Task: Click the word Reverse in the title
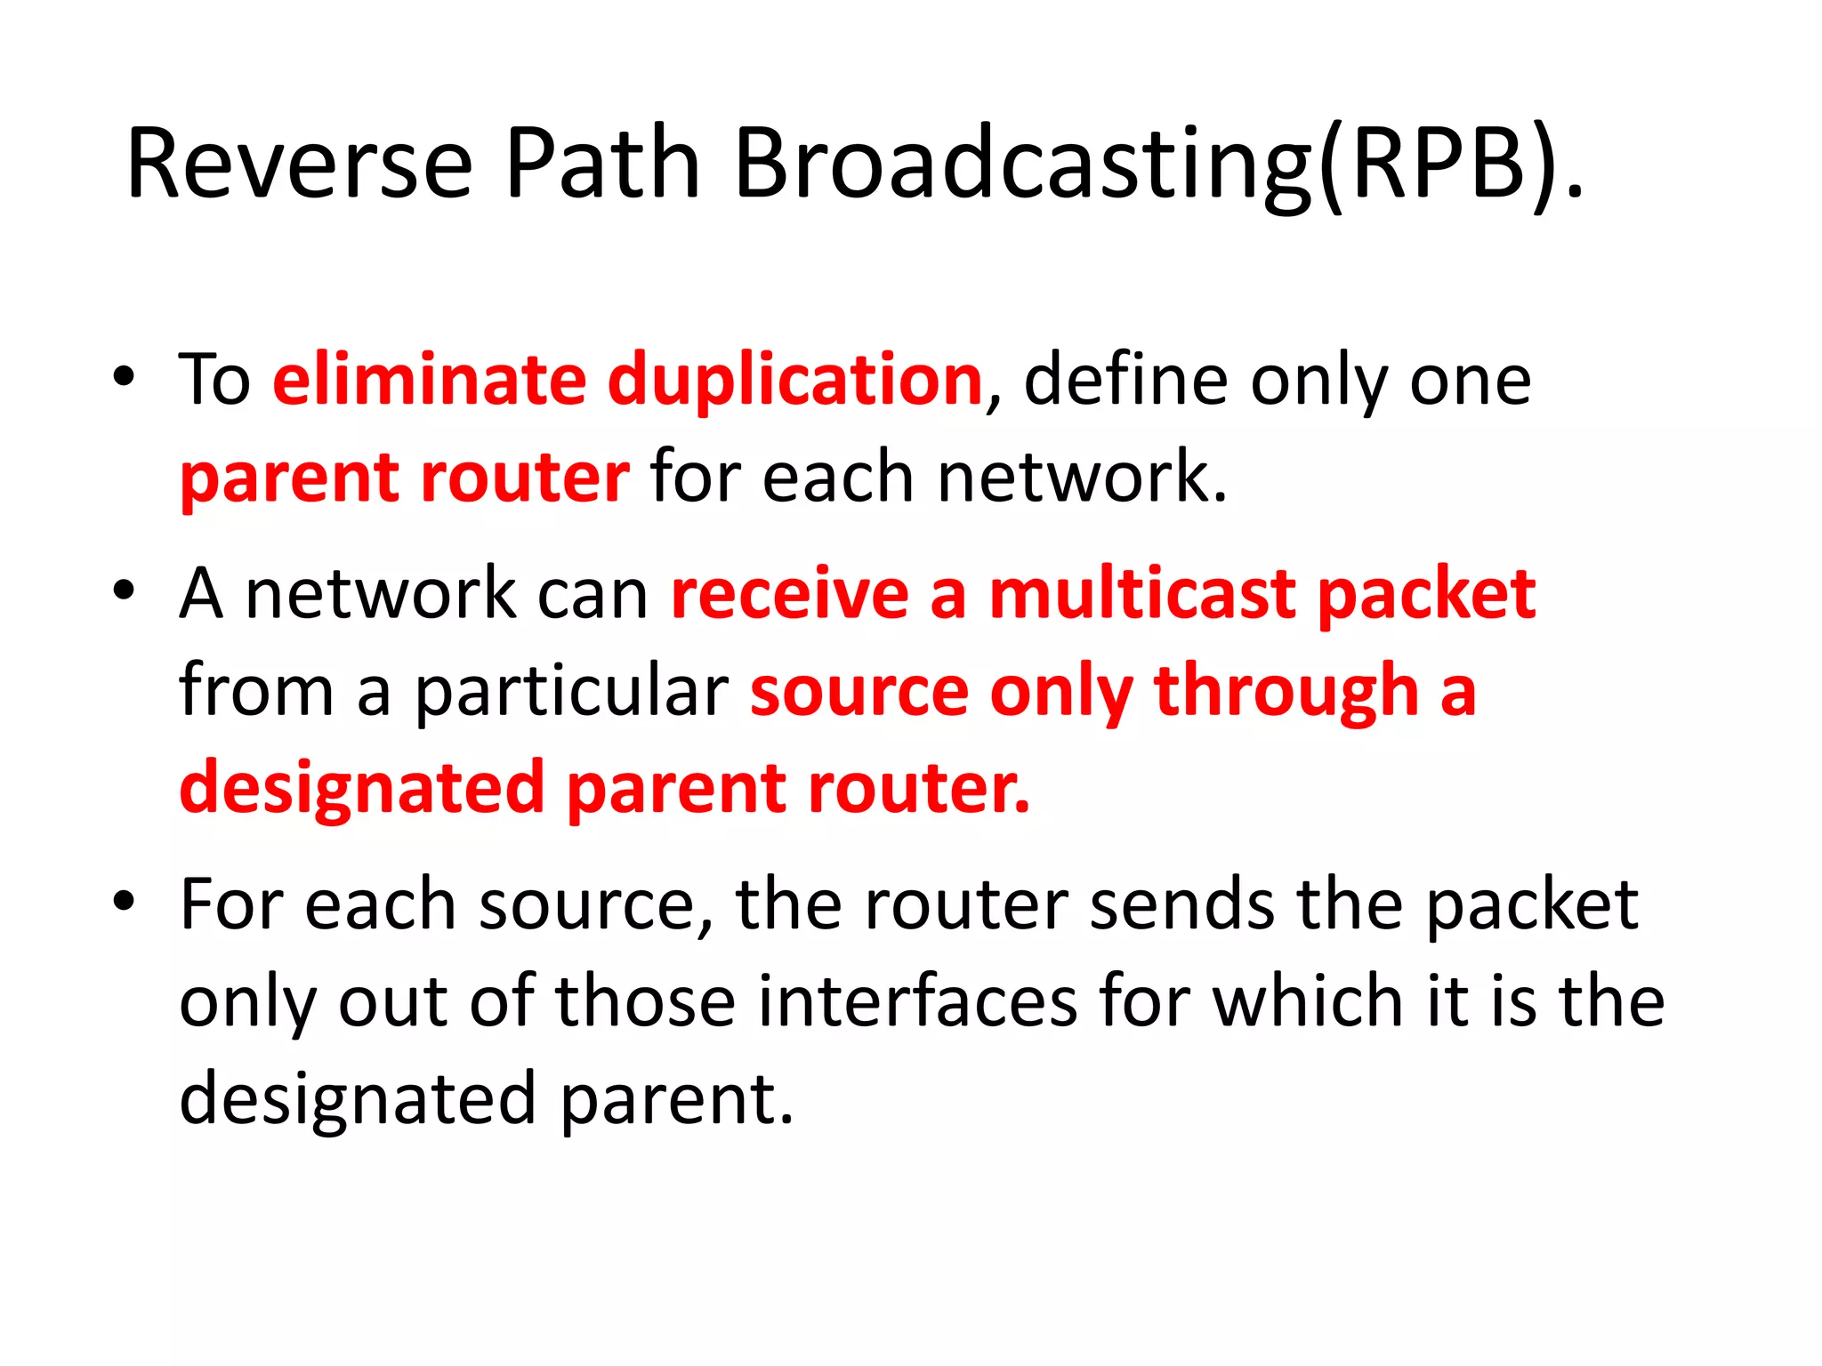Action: tap(299, 165)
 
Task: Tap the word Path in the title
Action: tap(602, 165)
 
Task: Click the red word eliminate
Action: tap(429, 380)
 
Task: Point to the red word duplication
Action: tap(794, 380)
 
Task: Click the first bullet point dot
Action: tap(124, 377)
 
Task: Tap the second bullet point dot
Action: tap(124, 591)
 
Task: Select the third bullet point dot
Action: tap(124, 902)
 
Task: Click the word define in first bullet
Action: tap(1125, 380)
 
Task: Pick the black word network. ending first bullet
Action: tap(1082, 478)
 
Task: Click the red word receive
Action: tap(789, 594)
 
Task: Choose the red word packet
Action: tap(1426, 594)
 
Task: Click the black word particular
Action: tap(571, 691)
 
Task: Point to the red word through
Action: tap(1286, 691)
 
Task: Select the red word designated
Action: tap(361, 788)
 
